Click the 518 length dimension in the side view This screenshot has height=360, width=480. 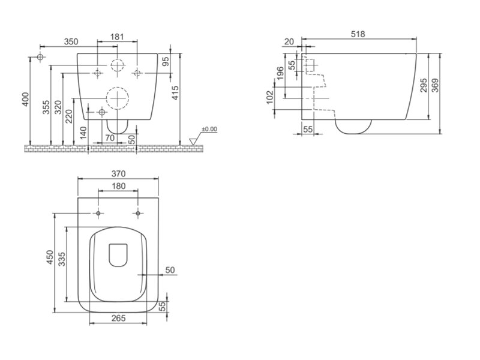pos(358,34)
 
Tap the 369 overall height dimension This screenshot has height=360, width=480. pos(434,85)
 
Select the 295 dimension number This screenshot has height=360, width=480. pos(423,85)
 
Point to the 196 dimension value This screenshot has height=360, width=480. pos(280,73)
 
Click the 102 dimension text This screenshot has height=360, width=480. pos(269,97)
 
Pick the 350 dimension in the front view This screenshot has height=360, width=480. pos(71,41)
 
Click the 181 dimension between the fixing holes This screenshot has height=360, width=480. pos(117,37)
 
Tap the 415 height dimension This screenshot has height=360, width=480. pos(175,93)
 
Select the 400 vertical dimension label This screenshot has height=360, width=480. pos(26,99)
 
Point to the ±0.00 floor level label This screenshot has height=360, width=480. pos(209,129)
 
